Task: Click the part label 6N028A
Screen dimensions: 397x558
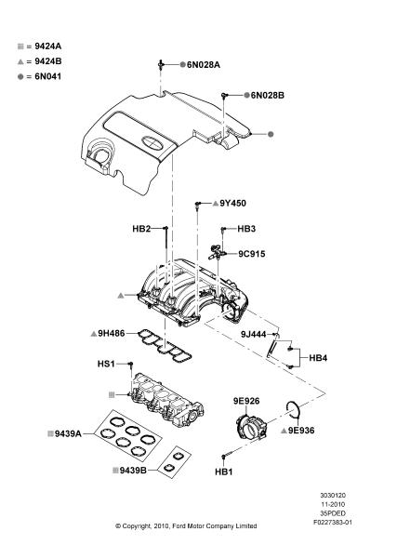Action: [204, 65]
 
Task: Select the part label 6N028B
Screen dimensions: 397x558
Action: [268, 96]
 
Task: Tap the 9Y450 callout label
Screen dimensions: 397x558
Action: [232, 203]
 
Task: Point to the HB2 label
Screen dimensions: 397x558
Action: [141, 229]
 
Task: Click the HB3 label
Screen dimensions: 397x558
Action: [246, 229]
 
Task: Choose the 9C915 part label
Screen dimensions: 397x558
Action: [252, 254]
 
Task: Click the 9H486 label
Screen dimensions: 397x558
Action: [112, 334]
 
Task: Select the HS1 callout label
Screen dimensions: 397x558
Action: [106, 364]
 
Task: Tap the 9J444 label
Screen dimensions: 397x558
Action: [253, 334]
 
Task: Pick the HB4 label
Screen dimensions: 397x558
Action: [318, 358]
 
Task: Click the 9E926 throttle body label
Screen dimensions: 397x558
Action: [246, 401]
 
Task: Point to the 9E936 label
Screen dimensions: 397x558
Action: [301, 431]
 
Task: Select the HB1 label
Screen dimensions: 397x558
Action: [224, 472]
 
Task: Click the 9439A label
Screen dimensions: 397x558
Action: [68, 433]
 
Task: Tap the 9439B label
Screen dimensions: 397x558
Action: [133, 471]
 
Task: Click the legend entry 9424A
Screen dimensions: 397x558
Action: [48, 46]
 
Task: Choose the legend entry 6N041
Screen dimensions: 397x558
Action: [48, 76]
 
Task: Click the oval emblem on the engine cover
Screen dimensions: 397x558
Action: [152, 142]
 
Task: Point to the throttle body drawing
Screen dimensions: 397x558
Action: [252, 428]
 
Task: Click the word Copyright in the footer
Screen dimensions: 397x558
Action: [137, 526]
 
